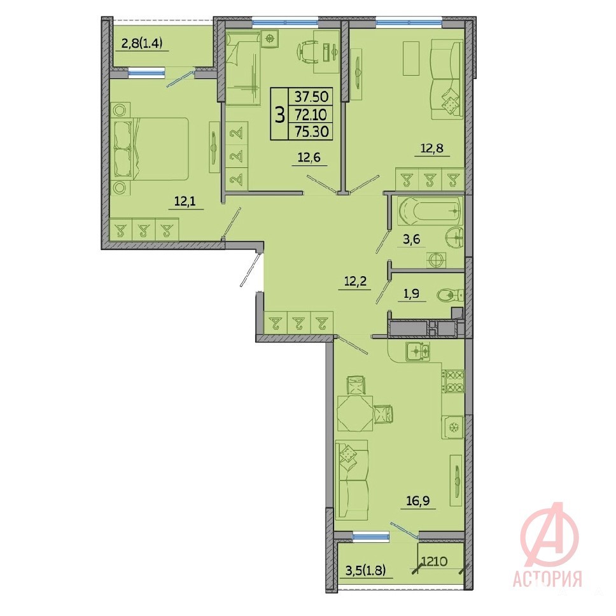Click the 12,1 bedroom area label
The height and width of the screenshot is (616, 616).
click(x=185, y=202)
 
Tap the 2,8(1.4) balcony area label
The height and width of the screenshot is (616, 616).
click(x=142, y=43)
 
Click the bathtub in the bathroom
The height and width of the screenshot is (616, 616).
click(x=430, y=211)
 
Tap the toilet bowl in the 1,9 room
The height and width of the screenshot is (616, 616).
click(x=450, y=295)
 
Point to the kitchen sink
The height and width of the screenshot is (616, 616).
click(x=418, y=351)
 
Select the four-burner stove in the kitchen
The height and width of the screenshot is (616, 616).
click(x=453, y=381)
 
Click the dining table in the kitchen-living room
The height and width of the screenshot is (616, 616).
click(x=355, y=414)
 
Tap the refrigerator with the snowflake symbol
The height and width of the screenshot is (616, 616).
click(x=452, y=427)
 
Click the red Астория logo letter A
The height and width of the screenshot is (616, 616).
click(x=550, y=535)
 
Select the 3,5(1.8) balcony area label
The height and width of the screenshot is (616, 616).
click(x=365, y=569)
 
